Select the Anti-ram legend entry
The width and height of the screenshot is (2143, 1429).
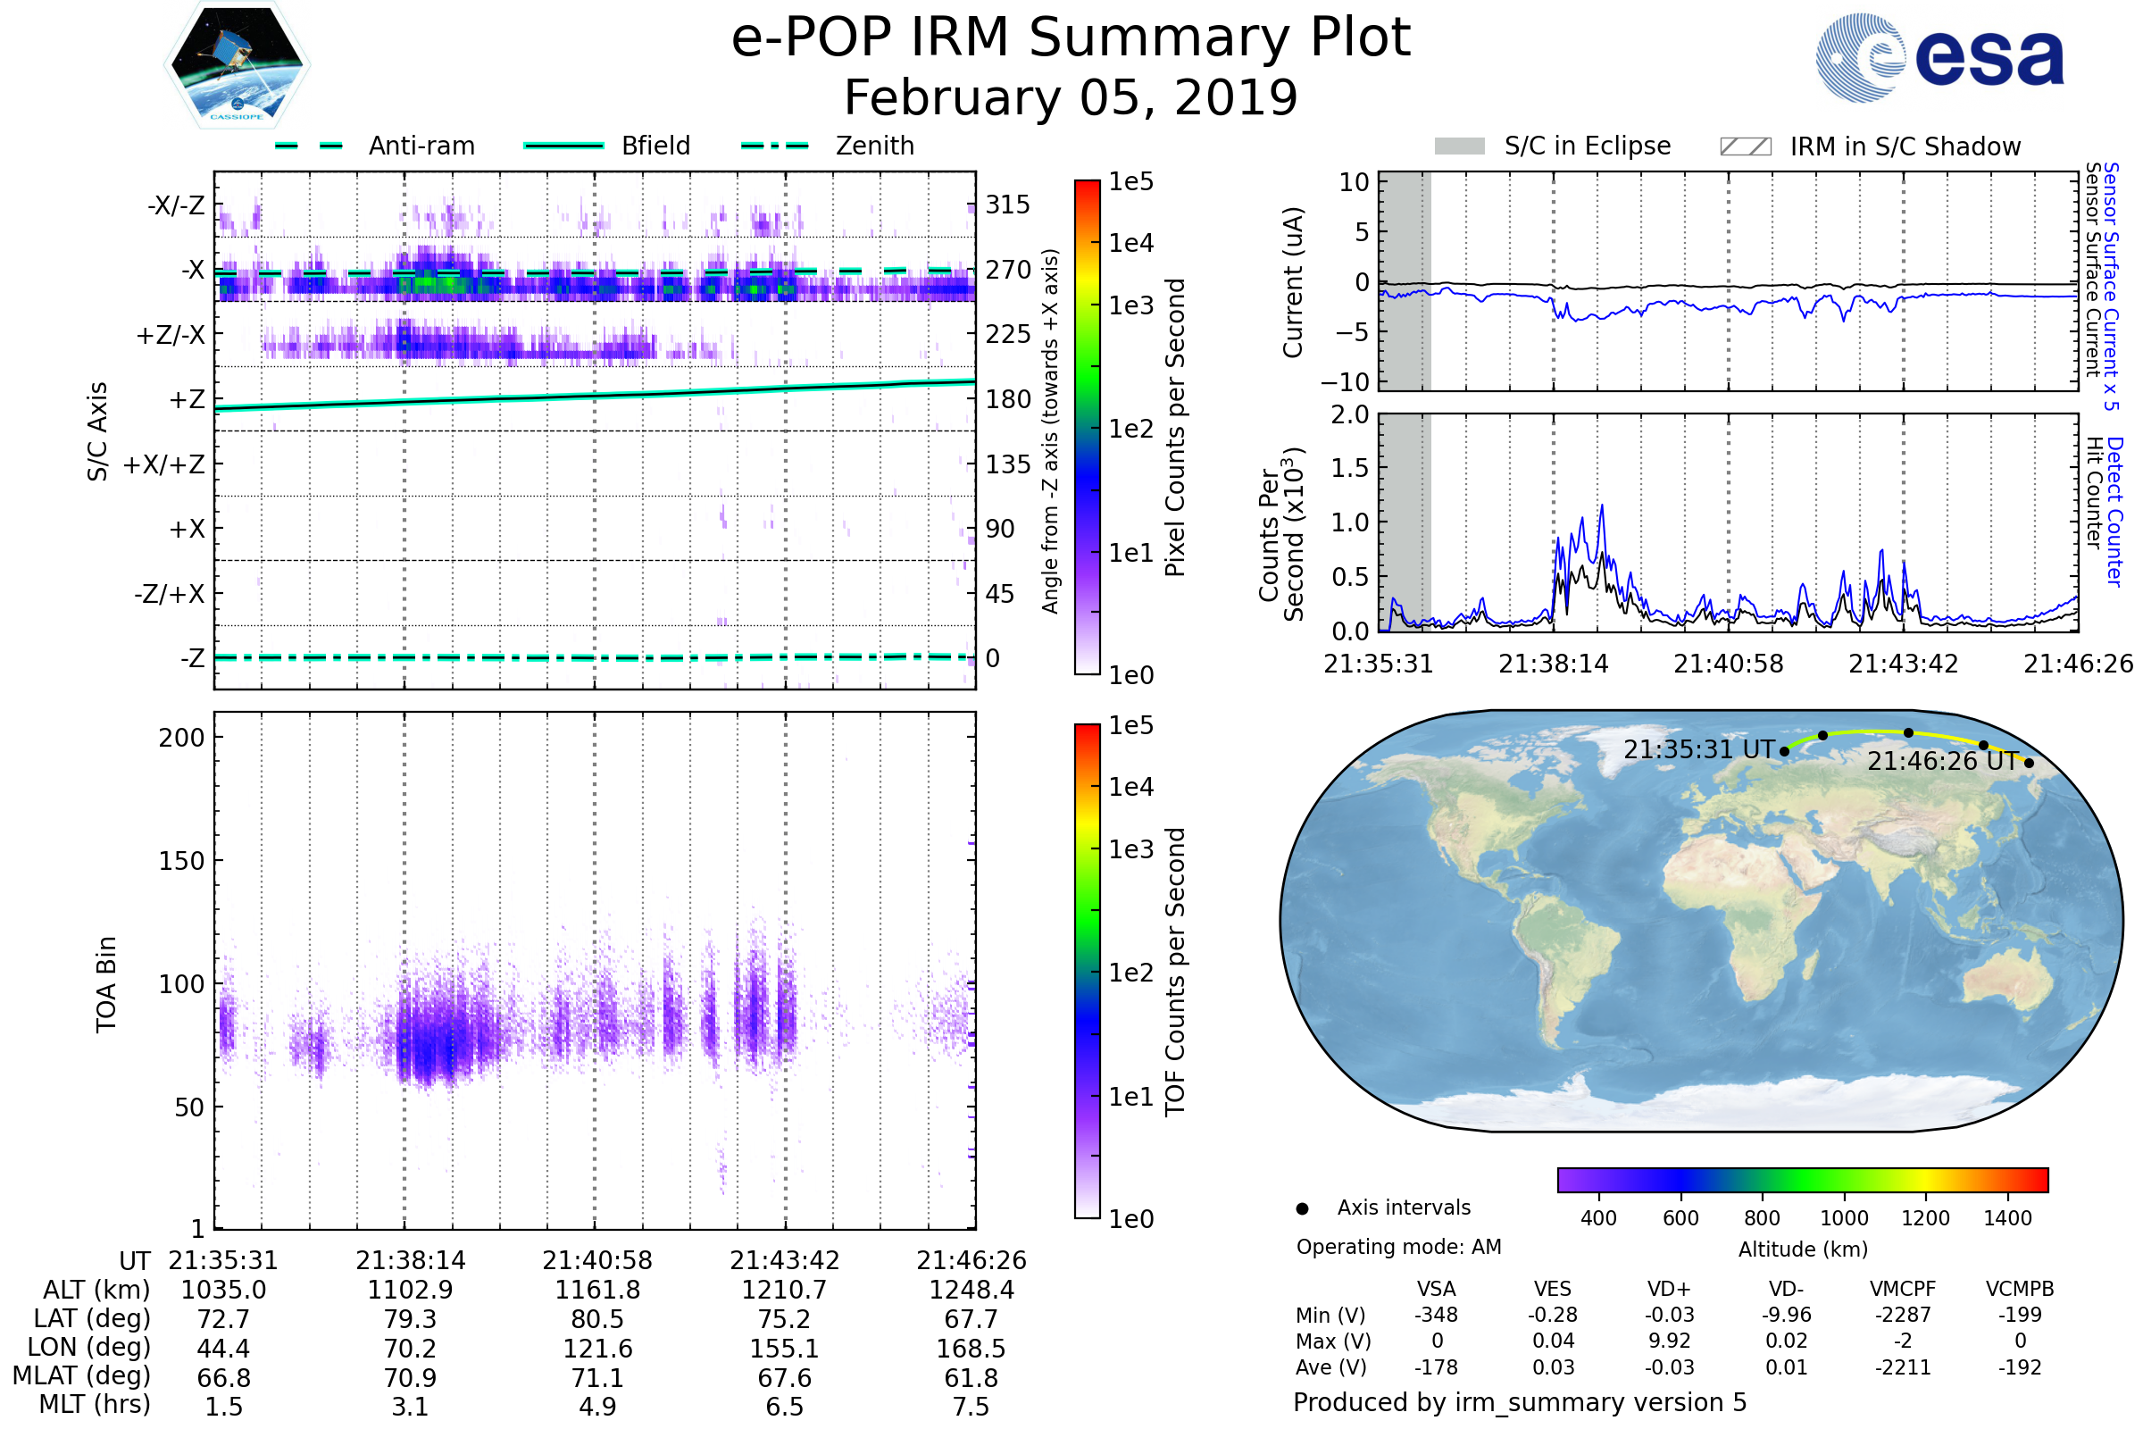pyautogui.click(x=421, y=146)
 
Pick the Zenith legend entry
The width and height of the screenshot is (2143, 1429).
pyautogui.click(x=874, y=146)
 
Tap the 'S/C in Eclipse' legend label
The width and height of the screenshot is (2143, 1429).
pyautogui.click(x=1588, y=146)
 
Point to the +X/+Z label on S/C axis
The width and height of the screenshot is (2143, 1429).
pyautogui.click(x=164, y=464)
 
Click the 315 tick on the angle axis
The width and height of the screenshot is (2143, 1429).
pyautogui.click(x=1007, y=205)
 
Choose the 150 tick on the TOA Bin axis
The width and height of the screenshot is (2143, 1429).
pyautogui.click(x=181, y=861)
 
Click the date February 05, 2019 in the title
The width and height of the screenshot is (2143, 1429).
pyautogui.click(x=1071, y=98)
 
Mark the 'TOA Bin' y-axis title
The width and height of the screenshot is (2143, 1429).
pyautogui.click(x=105, y=984)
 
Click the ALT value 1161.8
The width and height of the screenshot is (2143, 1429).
pyautogui.click(x=597, y=1291)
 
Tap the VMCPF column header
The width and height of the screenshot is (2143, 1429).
pyautogui.click(x=1903, y=1289)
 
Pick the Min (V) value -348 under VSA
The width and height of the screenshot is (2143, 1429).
pyautogui.click(x=1436, y=1315)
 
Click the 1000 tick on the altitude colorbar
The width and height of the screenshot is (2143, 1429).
pyautogui.click(x=1843, y=1218)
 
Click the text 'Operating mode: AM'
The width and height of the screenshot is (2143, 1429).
pyautogui.click(x=1398, y=1247)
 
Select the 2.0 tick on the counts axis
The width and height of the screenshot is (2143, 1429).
pyautogui.click(x=1349, y=415)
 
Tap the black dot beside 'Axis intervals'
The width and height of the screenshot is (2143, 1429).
pyautogui.click(x=1303, y=1208)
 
